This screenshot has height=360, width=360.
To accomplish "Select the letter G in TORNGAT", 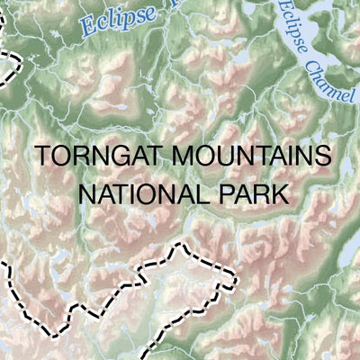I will click(x=114, y=157).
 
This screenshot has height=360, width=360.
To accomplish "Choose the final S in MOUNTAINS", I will click(x=314, y=157).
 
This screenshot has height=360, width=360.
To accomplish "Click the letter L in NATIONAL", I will click(x=196, y=193).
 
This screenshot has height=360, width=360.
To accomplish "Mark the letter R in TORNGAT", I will click(x=76, y=157).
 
